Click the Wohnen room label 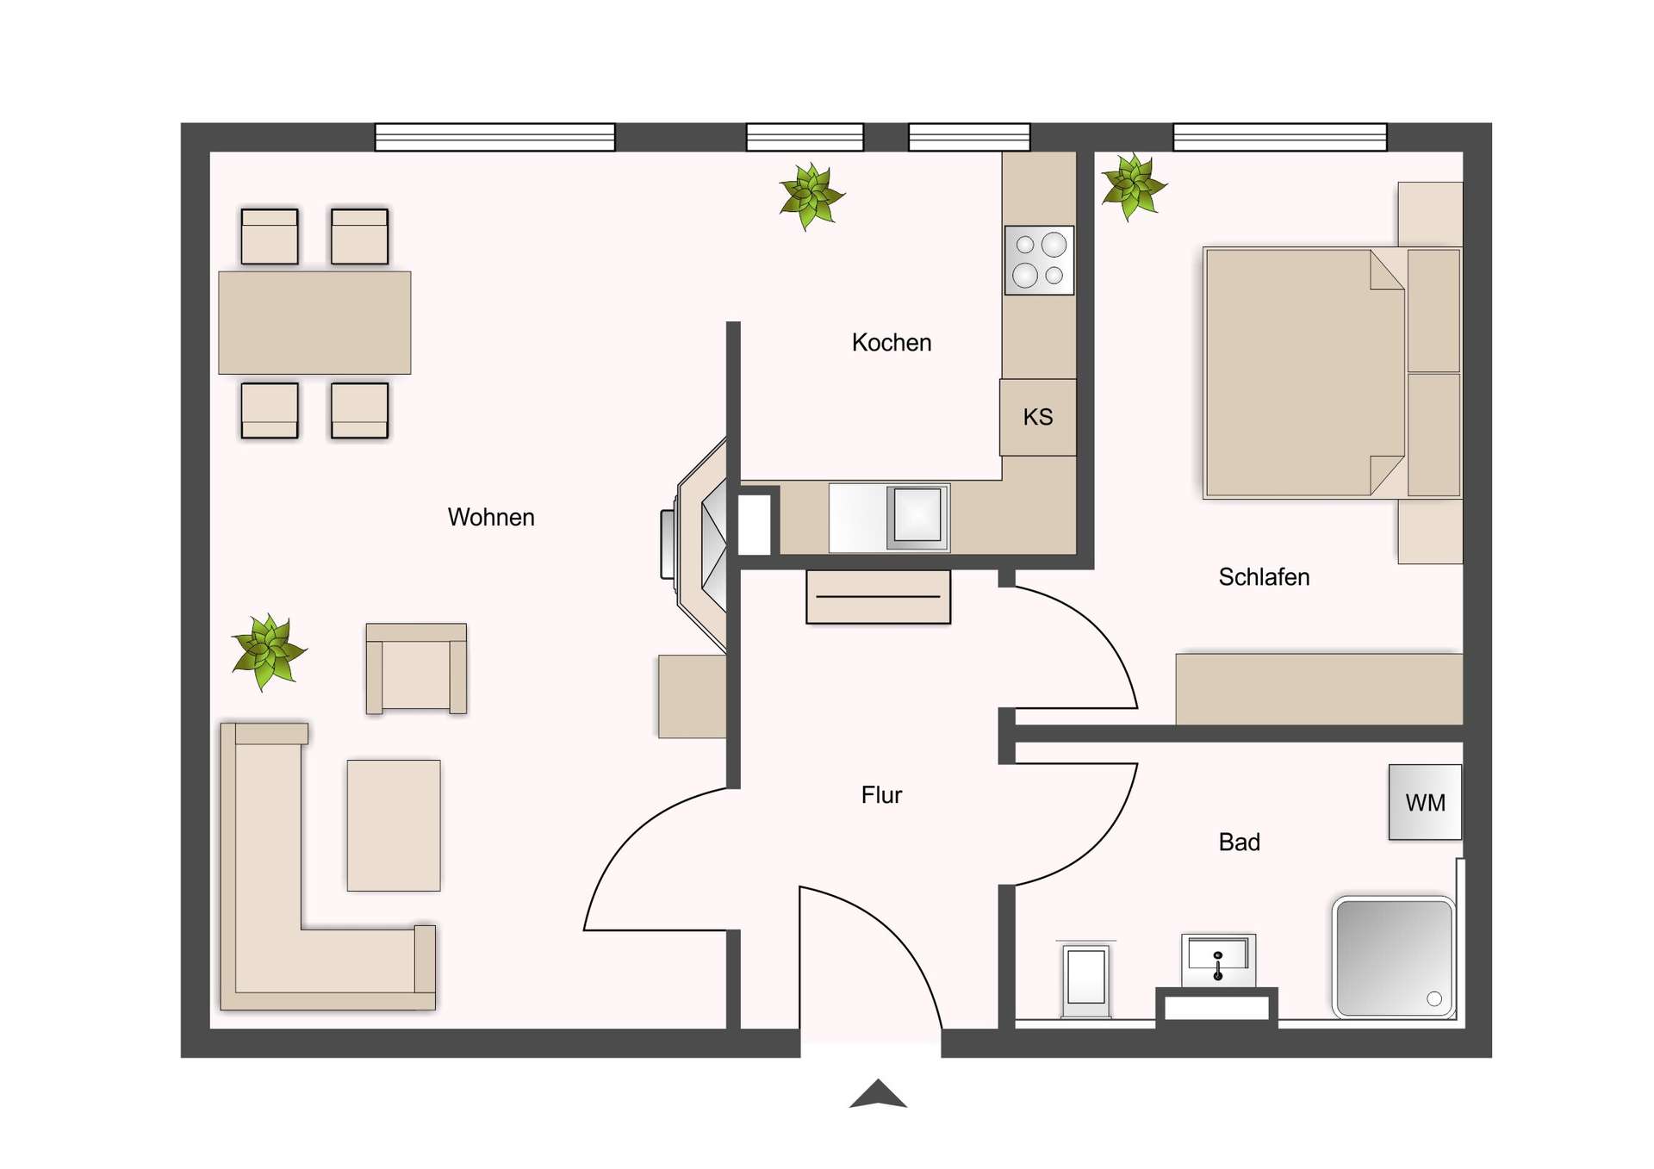[491, 517]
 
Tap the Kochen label [892, 343]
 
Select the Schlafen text [1264, 577]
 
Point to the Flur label [881, 795]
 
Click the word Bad [1239, 843]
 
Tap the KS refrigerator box [1038, 417]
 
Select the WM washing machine [1425, 802]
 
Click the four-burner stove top [1039, 260]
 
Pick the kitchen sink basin [917, 515]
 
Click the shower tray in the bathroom [1393, 957]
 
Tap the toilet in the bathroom [1085, 979]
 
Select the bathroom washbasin [1217, 959]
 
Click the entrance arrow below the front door [878, 1094]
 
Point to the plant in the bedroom [1133, 186]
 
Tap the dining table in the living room [314, 322]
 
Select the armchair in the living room [416, 668]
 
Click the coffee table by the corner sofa [394, 824]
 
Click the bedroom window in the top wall [1280, 137]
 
